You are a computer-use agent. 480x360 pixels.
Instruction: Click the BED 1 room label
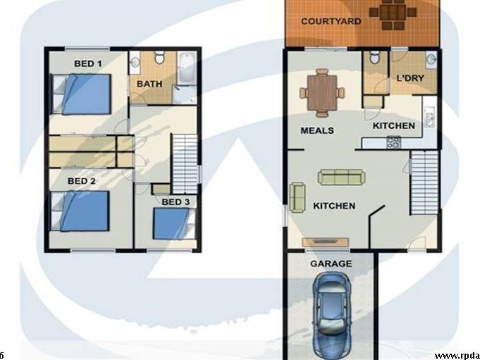tap(88, 63)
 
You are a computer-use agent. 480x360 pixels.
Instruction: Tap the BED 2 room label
tap(82, 181)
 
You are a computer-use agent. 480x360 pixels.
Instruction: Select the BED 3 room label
tap(176, 202)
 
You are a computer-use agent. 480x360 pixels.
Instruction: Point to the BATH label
tap(149, 84)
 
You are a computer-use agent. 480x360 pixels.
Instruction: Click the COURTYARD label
tap(331, 21)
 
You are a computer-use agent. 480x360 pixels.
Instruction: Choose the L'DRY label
tap(410, 78)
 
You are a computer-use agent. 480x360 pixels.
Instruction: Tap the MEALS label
tap(317, 130)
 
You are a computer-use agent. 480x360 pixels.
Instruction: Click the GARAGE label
tap(331, 263)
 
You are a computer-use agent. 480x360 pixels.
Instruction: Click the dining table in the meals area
tap(322, 93)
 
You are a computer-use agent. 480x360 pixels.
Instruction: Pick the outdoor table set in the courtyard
tap(393, 13)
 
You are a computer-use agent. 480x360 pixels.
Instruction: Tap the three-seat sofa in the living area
tap(341, 177)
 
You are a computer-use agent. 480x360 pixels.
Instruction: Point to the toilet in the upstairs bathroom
tap(159, 57)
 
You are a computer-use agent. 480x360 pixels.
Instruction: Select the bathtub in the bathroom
tap(186, 68)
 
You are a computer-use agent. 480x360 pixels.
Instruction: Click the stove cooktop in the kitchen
tap(394, 142)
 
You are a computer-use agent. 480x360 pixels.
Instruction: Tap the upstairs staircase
tap(185, 163)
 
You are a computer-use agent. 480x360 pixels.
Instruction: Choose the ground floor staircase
tap(424, 182)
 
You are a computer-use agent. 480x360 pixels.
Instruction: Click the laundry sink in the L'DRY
tap(431, 60)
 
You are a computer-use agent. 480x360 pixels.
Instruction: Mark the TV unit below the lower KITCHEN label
tap(325, 242)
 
